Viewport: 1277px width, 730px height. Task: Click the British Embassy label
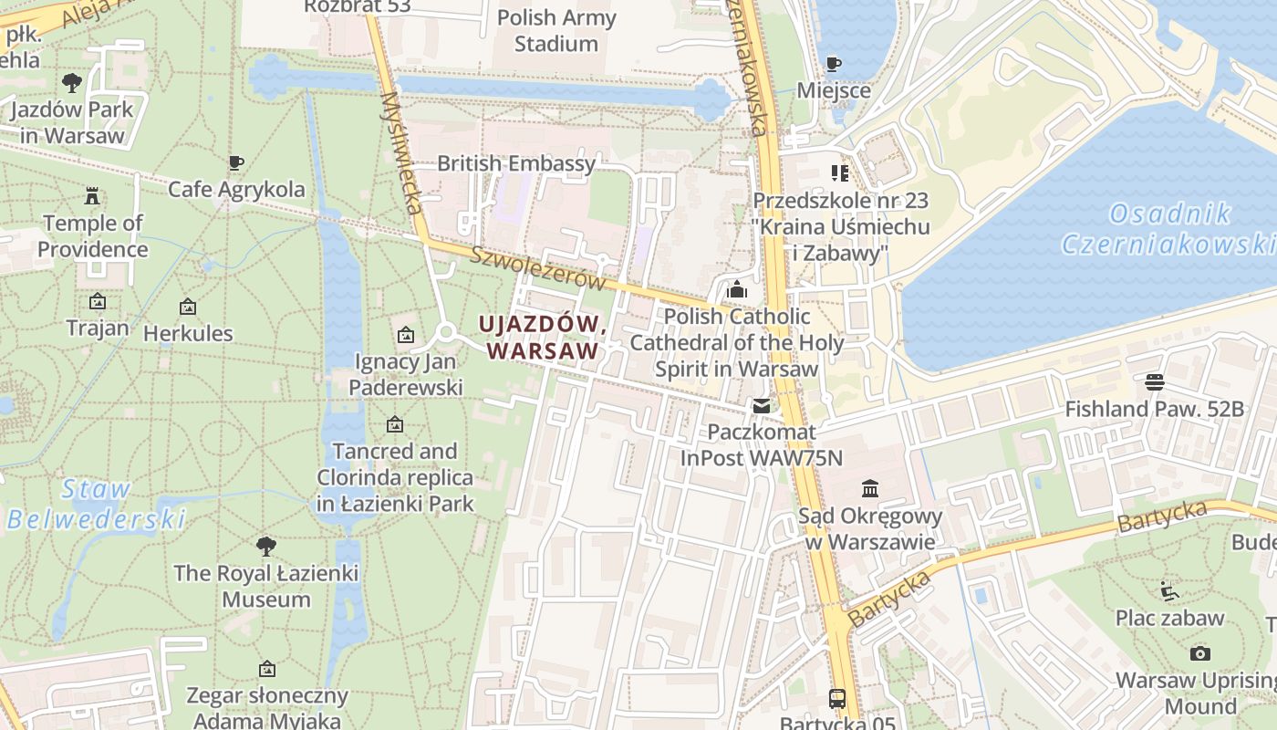click(x=516, y=163)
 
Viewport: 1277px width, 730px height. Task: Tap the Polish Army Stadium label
click(x=556, y=30)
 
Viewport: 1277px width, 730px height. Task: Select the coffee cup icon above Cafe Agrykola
click(x=236, y=163)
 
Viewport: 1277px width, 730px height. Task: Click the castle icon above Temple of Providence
click(x=92, y=195)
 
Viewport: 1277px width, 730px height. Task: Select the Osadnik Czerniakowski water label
click(x=1168, y=229)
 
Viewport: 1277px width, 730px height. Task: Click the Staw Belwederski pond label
click(x=96, y=505)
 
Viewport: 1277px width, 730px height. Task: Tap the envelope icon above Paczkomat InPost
click(x=761, y=405)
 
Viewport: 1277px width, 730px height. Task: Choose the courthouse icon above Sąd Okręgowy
click(x=869, y=490)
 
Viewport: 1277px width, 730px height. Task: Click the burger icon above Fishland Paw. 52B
click(x=1155, y=381)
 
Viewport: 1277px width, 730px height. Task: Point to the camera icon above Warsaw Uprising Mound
click(x=1200, y=653)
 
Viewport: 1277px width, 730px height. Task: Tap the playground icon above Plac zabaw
click(x=1169, y=591)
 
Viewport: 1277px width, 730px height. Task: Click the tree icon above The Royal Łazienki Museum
click(x=265, y=547)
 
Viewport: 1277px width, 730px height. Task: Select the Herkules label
click(x=188, y=333)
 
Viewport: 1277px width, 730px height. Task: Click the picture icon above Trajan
click(x=97, y=301)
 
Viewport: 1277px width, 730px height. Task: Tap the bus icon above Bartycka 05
click(x=836, y=699)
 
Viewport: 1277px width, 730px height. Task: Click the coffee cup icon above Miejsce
click(x=833, y=64)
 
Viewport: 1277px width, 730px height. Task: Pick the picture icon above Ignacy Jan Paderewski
click(x=406, y=335)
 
